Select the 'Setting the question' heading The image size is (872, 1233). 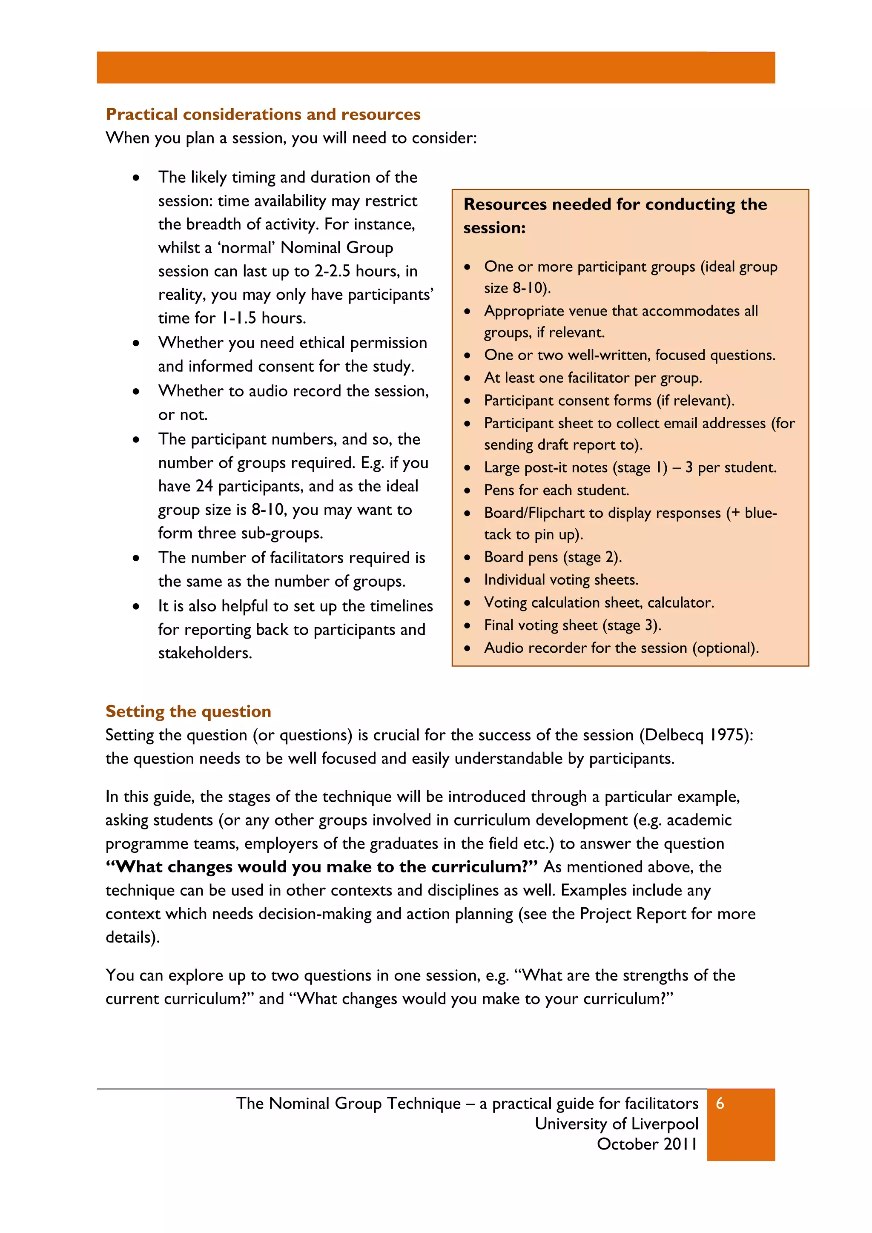189,711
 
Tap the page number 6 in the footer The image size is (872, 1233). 720,1103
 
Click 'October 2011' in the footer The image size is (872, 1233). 647,1144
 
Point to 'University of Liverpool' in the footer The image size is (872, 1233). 617,1124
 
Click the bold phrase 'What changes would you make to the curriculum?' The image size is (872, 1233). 321,866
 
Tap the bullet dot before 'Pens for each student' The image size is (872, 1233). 468,490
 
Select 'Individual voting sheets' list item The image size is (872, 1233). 561,580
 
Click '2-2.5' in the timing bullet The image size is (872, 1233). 333,271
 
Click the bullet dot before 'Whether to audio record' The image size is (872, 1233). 136,392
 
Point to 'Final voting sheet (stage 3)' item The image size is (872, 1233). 572,625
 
